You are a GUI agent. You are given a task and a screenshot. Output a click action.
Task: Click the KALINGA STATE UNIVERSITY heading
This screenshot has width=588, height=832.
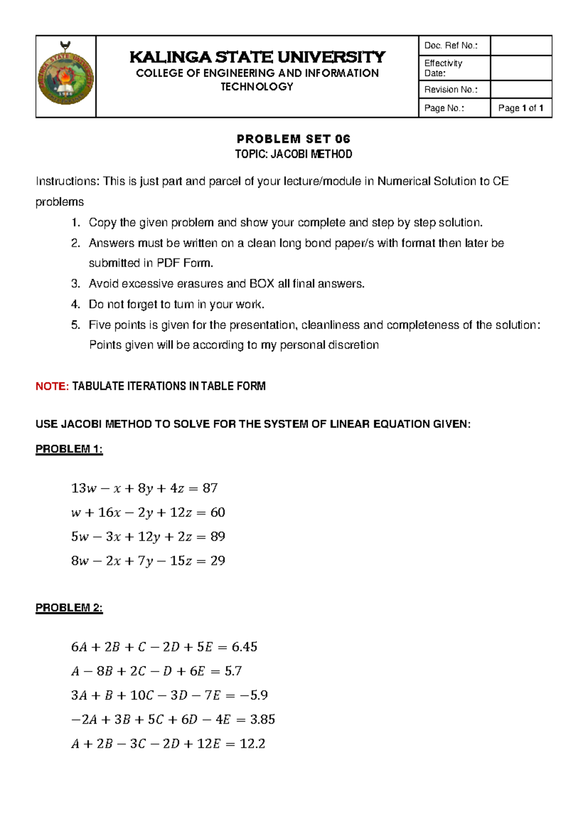tap(257, 57)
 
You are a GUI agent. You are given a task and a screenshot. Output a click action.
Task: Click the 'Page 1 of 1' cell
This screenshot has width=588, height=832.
tap(521, 108)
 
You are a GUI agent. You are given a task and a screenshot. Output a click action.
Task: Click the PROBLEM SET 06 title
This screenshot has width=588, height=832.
tap(294, 139)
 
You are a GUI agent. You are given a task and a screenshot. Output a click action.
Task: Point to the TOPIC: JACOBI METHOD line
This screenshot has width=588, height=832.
tap(294, 154)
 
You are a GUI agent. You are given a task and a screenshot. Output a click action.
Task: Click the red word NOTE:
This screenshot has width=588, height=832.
tap(52, 386)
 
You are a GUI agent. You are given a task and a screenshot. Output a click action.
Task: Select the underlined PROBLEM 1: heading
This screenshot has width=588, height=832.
tap(69, 449)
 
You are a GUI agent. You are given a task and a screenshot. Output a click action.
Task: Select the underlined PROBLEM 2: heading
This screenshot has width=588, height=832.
tap(69, 608)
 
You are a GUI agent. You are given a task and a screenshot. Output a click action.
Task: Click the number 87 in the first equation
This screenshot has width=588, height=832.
tap(210, 488)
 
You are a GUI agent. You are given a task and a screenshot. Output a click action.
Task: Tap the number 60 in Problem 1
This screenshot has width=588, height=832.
tap(218, 512)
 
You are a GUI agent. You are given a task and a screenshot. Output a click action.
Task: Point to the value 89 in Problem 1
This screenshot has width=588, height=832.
tap(218, 536)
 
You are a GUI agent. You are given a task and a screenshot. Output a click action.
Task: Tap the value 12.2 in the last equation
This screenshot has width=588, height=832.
tap(252, 744)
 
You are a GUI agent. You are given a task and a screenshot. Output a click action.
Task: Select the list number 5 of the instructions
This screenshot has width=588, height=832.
tap(75, 325)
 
